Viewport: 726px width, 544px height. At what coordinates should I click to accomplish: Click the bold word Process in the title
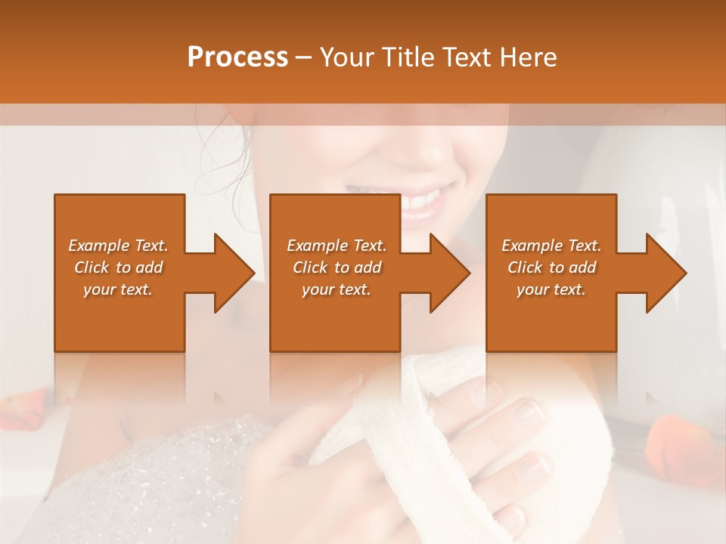(237, 57)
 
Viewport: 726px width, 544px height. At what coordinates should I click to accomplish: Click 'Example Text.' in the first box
(118, 246)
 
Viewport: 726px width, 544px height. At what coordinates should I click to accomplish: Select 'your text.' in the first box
(118, 289)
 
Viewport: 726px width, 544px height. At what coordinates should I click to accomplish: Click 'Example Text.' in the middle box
(337, 246)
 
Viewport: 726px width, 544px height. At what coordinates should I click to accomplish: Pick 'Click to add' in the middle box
(337, 267)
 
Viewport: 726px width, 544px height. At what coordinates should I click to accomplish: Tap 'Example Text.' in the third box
(551, 246)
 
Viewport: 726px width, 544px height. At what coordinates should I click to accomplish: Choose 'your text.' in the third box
(551, 289)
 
